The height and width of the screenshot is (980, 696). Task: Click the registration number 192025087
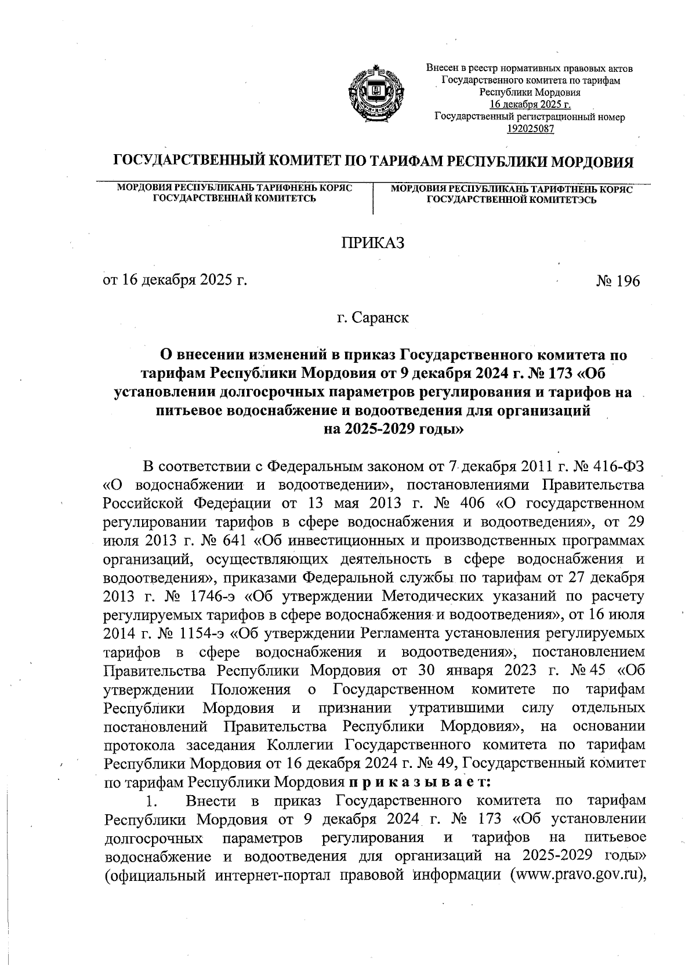(x=530, y=129)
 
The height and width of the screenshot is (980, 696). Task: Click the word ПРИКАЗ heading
(x=372, y=243)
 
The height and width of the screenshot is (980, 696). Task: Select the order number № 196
(x=618, y=282)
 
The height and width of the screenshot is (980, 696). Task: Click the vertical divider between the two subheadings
(x=373, y=199)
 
